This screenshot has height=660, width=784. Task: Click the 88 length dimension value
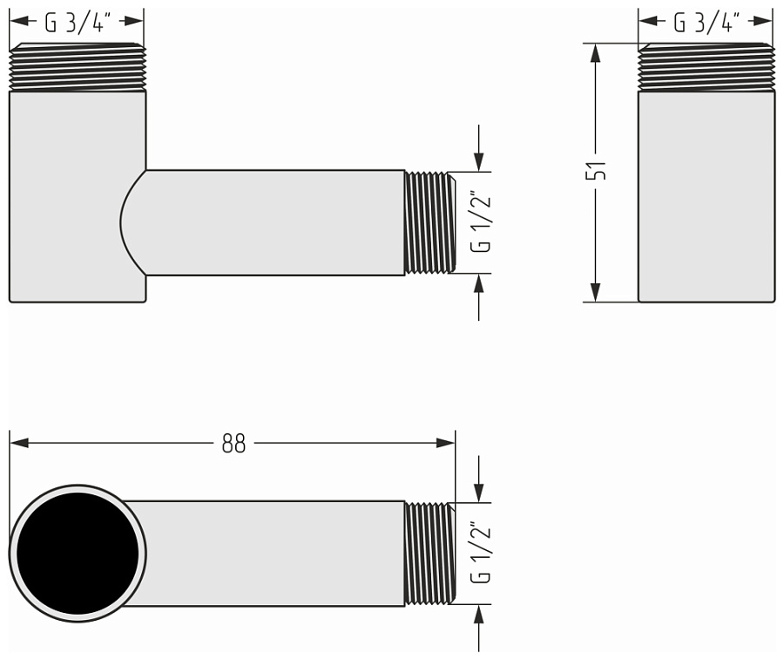tap(233, 444)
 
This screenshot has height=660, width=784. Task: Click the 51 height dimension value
tap(597, 170)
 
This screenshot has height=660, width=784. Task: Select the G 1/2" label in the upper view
tap(480, 222)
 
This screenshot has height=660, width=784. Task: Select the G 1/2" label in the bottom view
tap(480, 553)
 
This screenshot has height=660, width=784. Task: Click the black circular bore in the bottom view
tap(78, 554)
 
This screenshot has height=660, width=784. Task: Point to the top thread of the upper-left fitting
tap(78, 67)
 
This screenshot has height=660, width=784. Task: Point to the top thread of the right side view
tap(706, 67)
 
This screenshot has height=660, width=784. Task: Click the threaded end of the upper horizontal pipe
tap(429, 222)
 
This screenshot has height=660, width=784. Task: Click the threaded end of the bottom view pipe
tap(429, 554)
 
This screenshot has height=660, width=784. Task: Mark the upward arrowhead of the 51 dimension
tap(596, 52)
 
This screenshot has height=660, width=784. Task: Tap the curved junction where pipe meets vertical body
tap(131, 222)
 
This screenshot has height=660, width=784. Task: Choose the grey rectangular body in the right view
tap(706, 196)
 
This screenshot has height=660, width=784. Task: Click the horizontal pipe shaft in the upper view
tap(274, 222)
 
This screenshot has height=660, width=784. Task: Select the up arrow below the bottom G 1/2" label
tap(478, 616)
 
